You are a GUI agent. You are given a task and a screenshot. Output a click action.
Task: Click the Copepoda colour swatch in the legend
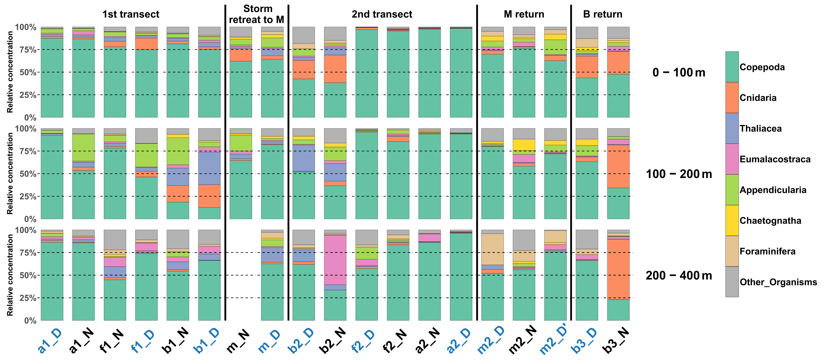click(x=732, y=67)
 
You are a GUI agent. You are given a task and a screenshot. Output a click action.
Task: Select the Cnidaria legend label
click(x=758, y=98)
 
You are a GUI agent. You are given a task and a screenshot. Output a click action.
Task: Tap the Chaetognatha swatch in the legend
click(x=732, y=220)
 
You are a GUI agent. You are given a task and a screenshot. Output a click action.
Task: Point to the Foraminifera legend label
click(x=767, y=251)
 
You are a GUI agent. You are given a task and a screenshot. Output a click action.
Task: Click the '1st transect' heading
click(x=131, y=14)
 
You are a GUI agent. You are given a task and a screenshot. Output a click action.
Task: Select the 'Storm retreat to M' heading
click(x=257, y=14)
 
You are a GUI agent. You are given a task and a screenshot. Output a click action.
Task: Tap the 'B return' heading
click(x=603, y=14)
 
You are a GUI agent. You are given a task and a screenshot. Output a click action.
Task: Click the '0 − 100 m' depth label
click(x=679, y=73)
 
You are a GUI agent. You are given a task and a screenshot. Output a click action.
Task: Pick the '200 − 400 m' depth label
click(x=679, y=275)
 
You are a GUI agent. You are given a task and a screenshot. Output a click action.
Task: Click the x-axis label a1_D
click(x=50, y=340)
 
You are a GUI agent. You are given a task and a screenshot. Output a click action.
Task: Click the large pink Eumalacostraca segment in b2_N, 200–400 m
click(x=335, y=260)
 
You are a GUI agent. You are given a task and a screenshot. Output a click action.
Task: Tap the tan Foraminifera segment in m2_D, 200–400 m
click(x=492, y=249)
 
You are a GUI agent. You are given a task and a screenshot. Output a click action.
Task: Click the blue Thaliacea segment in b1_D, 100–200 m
click(x=209, y=168)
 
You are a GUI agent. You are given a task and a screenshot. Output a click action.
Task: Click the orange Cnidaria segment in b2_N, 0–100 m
click(x=335, y=69)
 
